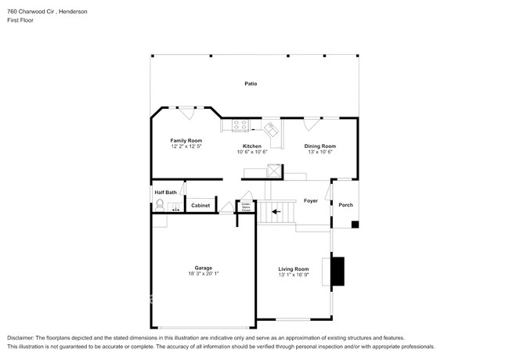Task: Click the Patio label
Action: [251, 83]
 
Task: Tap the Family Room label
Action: [186, 141]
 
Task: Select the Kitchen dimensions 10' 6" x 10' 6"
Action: [252, 152]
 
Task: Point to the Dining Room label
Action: [319, 146]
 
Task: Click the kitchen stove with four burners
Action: [239, 124]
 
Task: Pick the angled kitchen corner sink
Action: [271, 128]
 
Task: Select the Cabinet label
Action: [200, 205]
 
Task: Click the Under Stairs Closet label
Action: [245, 207]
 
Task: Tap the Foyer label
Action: [310, 201]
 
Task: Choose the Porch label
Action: [345, 205]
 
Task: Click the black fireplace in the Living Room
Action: [338, 272]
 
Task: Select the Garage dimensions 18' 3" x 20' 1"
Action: [203, 274]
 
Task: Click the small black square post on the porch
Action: [355, 225]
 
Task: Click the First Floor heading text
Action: [20, 20]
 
